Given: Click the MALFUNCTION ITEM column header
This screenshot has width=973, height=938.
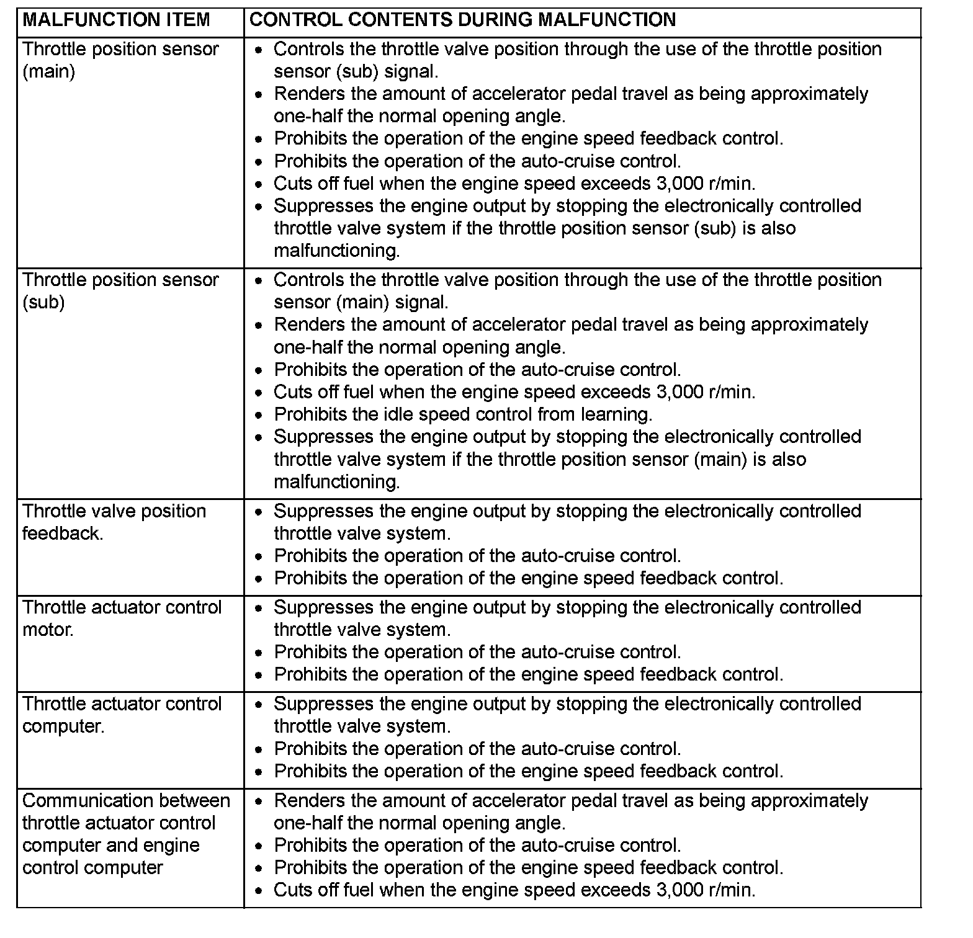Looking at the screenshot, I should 116,20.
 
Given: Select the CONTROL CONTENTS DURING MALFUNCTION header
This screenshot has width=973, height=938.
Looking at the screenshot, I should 462,20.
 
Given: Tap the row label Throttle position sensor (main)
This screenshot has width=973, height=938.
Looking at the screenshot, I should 120,60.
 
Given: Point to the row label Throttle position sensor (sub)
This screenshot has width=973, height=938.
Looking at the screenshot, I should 120,291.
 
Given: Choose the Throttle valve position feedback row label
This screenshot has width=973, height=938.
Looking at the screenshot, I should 114,522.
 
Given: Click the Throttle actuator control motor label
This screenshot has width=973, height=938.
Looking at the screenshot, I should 122,618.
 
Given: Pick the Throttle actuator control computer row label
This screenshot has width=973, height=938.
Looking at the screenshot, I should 122,715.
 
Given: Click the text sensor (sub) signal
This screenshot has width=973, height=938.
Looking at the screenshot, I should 356,72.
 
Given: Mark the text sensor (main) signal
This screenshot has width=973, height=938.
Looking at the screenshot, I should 361,303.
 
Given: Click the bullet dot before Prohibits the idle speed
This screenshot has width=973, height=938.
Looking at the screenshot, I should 259,415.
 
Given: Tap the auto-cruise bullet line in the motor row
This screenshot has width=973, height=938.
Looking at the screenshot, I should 477,652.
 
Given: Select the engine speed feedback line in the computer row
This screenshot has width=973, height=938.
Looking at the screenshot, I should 528,771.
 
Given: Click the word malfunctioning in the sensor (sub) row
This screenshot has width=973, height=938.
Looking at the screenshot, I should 337,482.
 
